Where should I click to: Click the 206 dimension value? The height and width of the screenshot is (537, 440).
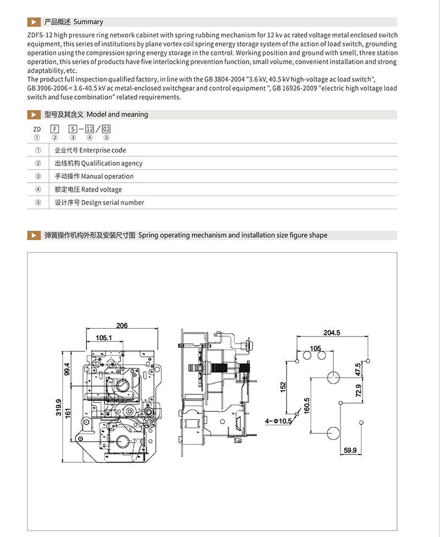(122, 326)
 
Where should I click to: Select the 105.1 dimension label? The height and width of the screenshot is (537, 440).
(104, 337)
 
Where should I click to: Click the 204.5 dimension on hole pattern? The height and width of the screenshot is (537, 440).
(332, 332)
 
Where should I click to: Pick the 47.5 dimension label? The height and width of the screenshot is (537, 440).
(358, 369)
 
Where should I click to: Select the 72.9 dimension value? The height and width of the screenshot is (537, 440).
(358, 392)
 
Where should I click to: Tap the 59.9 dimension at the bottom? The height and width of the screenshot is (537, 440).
(350, 450)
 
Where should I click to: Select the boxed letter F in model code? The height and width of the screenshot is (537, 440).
(54, 129)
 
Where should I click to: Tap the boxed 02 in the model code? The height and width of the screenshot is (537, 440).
(107, 129)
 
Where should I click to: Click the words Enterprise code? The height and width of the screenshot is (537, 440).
(103, 150)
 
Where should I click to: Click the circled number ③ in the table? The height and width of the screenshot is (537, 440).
(38, 176)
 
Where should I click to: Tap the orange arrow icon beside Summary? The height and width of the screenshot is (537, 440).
(34, 22)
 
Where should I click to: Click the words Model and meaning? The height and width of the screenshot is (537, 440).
(117, 115)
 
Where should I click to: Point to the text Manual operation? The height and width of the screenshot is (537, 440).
(107, 176)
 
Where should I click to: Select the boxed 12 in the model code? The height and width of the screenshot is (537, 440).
(89, 129)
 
